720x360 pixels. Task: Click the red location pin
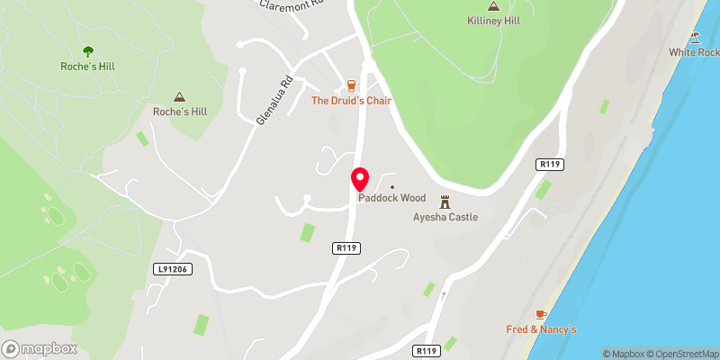click(x=359, y=178)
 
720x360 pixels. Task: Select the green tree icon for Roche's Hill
click(x=87, y=51)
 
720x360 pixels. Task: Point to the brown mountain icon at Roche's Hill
click(x=179, y=96)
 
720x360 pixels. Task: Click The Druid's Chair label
click(x=351, y=101)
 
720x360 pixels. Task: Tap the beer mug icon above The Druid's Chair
click(x=351, y=86)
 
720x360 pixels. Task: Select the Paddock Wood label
click(x=391, y=198)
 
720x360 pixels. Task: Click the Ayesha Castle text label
click(x=445, y=217)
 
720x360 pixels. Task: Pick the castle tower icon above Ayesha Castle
click(x=445, y=202)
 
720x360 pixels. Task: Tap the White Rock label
click(x=693, y=52)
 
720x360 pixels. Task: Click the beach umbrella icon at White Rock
click(x=695, y=38)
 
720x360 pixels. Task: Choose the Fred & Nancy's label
click(x=540, y=328)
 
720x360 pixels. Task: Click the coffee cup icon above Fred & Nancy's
click(x=540, y=314)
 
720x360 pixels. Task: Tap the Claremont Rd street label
click(x=290, y=5)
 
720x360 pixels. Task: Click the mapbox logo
click(x=40, y=348)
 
